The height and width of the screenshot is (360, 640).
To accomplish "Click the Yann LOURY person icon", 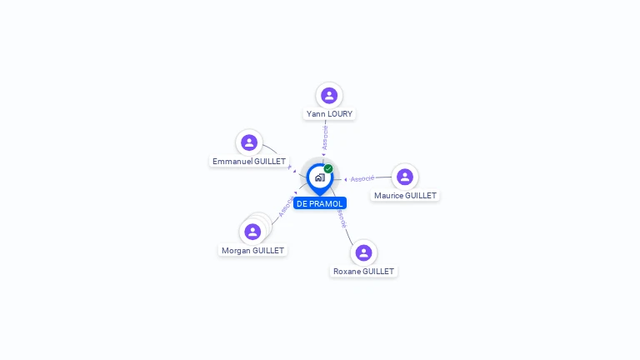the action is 329,95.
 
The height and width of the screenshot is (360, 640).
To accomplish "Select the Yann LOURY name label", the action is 329,113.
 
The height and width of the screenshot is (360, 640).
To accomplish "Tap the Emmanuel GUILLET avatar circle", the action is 248,142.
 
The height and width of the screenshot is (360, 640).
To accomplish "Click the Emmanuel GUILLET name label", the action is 249,161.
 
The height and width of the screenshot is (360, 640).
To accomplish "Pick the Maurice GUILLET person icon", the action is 404,177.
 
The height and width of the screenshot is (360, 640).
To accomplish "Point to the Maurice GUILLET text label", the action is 405,195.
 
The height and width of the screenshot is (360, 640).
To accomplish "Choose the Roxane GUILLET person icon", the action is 363,252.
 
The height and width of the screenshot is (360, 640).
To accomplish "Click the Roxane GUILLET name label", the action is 363,271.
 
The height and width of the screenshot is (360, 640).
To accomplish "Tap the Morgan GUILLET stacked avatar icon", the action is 252,232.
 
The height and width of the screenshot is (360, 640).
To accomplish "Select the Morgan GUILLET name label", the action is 252,250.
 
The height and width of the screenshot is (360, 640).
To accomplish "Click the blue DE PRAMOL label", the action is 319,203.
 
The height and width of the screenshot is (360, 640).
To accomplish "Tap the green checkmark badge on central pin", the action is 328,168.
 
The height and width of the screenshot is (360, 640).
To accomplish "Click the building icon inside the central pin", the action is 319,177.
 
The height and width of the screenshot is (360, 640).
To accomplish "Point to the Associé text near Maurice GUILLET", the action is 362,178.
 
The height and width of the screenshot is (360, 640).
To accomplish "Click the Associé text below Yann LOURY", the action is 325,137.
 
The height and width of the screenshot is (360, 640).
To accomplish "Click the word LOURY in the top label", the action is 340,113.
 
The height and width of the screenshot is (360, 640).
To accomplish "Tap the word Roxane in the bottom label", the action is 347,271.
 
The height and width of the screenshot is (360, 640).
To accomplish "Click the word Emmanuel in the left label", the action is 232,161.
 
